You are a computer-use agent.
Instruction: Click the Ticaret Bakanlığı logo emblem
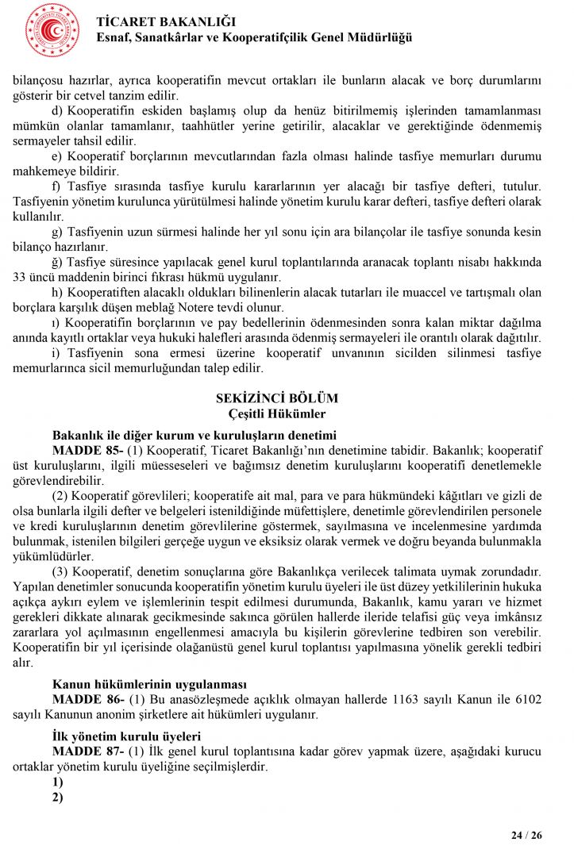tap(52, 30)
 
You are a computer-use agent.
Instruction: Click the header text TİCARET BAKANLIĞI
tap(166, 21)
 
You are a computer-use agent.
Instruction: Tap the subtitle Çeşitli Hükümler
tap(276, 413)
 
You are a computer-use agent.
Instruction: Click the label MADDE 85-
tap(87, 450)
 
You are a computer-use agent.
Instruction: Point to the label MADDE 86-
tap(87, 699)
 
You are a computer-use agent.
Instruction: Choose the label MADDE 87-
tap(87, 751)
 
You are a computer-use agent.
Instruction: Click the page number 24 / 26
tap(526, 836)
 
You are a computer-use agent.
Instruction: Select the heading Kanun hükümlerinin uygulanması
tap(149, 684)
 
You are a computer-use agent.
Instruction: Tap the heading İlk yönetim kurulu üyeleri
tap(126, 736)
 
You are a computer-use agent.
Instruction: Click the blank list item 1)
tap(57, 782)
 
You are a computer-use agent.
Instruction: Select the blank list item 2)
tap(57, 797)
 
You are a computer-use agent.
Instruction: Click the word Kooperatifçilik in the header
tap(275, 38)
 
